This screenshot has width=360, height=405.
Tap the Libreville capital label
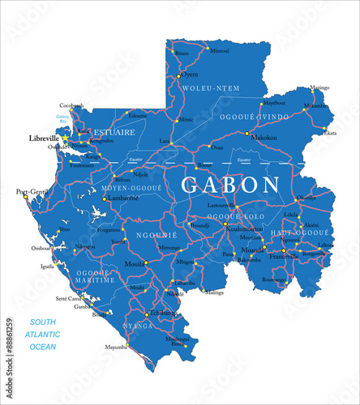pyautogui.click(x=45, y=138)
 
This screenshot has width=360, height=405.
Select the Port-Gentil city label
pyautogui.click(x=32, y=191)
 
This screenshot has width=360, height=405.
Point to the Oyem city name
pyautogui.click(x=189, y=74)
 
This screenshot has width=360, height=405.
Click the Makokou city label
pyautogui.click(x=264, y=139)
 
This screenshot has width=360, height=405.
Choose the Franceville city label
pyautogui.click(x=286, y=255)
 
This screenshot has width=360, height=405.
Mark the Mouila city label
pyautogui.click(x=135, y=264)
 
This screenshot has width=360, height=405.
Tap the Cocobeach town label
pyautogui.click(x=71, y=104)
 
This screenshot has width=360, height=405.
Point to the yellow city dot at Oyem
pyautogui.click(x=179, y=75)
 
